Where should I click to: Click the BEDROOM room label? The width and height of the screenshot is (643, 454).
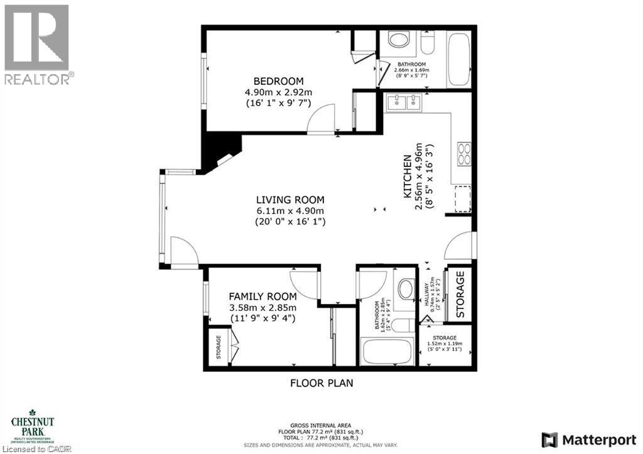click(x=278, y=81)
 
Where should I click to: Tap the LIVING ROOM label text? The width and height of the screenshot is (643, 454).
click(x=290, y=200)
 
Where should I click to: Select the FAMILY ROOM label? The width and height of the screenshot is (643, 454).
click(x=262, y=296)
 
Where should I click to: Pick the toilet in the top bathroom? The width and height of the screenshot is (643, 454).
click(x=428, y=43)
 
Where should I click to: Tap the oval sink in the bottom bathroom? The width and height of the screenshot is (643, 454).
click(x=406, y=289)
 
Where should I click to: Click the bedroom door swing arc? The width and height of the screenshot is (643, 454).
click(x=321, y=119)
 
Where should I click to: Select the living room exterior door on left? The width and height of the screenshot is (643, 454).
click(x=185, y=253)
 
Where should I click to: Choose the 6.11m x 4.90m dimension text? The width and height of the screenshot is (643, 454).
click(x=290, y=210)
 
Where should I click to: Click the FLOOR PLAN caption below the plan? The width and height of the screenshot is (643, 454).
click(x=321, y=382)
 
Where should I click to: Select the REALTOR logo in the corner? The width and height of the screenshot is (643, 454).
click(x=37, y=44)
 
